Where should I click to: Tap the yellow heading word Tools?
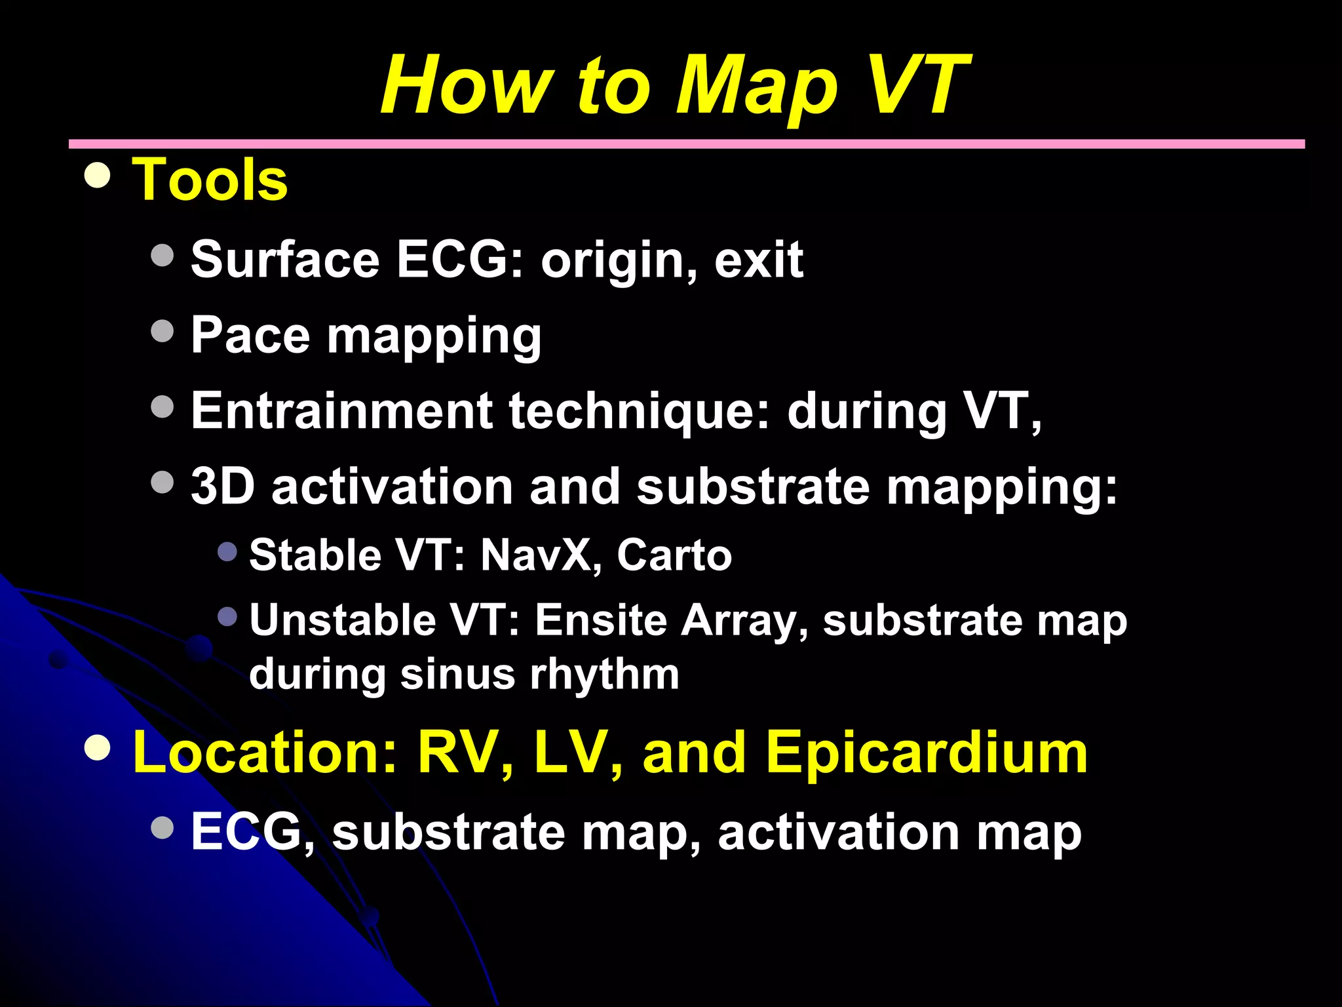point(210,180)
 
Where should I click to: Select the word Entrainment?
point(341,411)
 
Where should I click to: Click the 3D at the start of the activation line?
point(223,486)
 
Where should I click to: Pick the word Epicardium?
point(927,753)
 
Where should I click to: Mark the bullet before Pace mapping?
point(162,331)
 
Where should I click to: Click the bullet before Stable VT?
point(227,551)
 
